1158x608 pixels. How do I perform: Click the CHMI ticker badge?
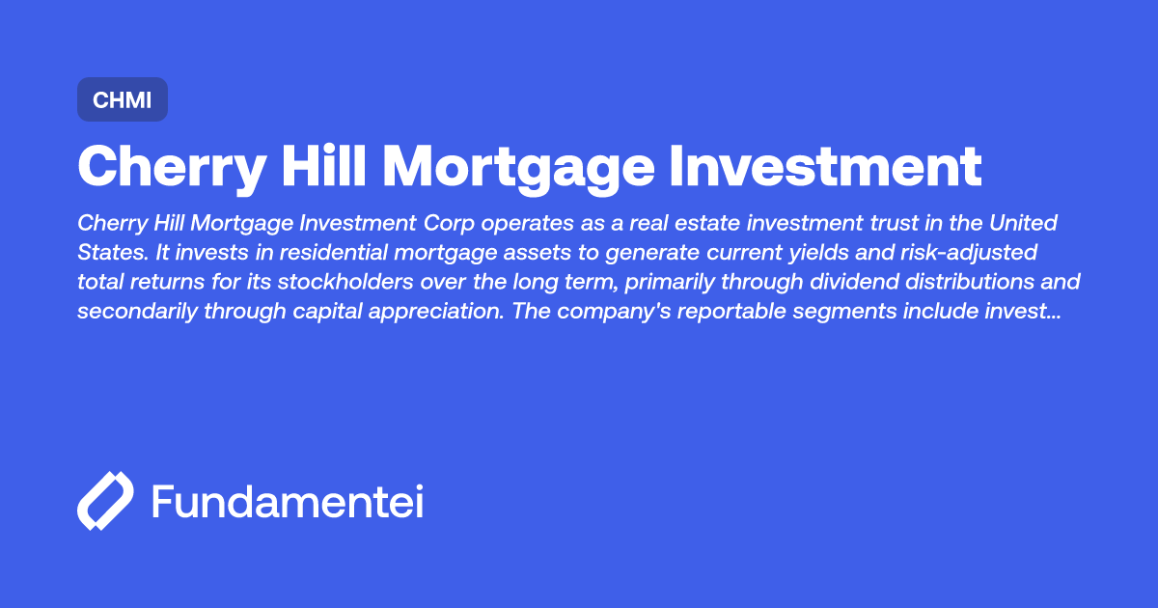point(123,99)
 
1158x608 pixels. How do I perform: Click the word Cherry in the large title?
point(172,167)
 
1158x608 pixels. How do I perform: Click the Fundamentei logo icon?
point(104,502)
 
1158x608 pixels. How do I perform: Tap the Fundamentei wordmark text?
point(288,502)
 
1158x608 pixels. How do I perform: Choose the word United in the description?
point(1025,223)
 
